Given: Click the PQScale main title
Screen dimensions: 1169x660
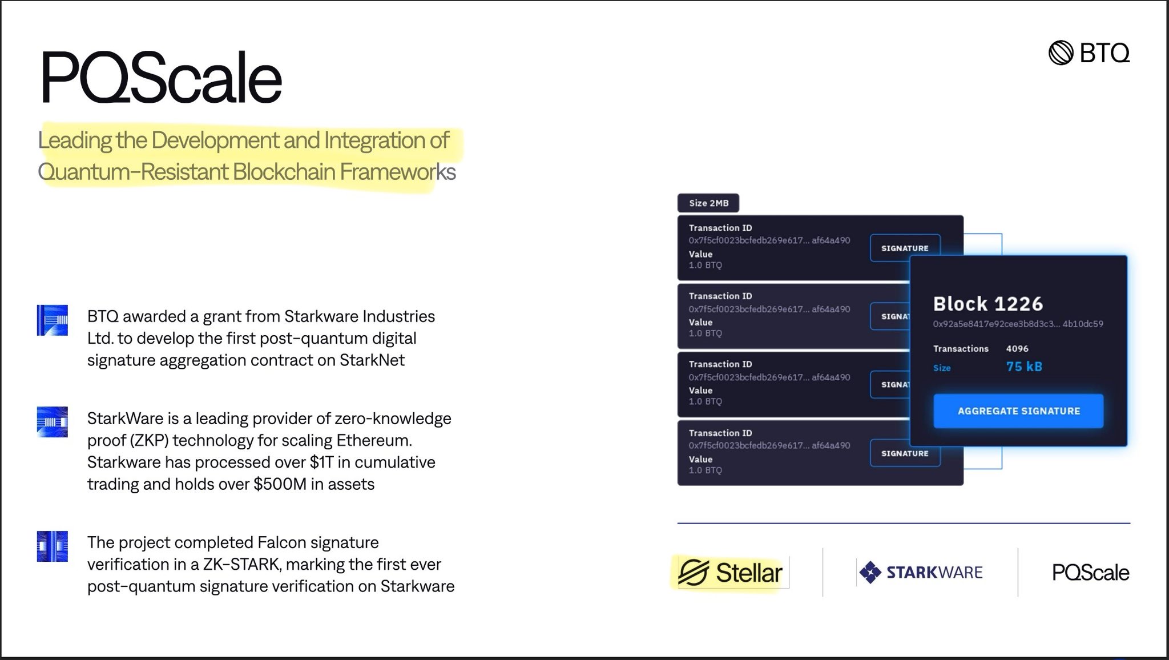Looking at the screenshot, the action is [x=161, y=78].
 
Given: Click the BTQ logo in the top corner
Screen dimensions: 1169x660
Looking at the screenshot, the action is [x=1089, y=53].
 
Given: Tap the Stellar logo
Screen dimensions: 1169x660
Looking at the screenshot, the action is [x=730, y=573].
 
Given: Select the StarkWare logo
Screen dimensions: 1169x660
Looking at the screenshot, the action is [x=921, y=572].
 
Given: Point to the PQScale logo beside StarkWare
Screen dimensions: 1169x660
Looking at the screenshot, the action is [x=1090, y=573].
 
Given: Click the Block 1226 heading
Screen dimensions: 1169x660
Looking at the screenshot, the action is [x=988, y=304].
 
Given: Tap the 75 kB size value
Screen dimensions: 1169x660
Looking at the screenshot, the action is [x=1024, y=367].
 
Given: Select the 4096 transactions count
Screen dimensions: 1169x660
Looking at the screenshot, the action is [x=1017, y=348].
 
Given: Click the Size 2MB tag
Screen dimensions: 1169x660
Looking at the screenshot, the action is [x=708, y=203].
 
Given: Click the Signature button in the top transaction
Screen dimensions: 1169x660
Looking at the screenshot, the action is [x=905, y=248].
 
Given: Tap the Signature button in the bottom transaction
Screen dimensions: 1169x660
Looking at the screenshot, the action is [x=905, y=453].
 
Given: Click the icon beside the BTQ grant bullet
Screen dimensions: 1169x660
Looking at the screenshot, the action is [x=53, y=320].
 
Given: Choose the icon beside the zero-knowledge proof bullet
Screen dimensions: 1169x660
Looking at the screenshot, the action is [x=53, y=422].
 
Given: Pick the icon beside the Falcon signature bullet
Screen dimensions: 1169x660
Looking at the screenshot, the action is [x=53, y=546].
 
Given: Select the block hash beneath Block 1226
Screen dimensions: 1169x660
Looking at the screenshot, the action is [x=1018, y=324].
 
